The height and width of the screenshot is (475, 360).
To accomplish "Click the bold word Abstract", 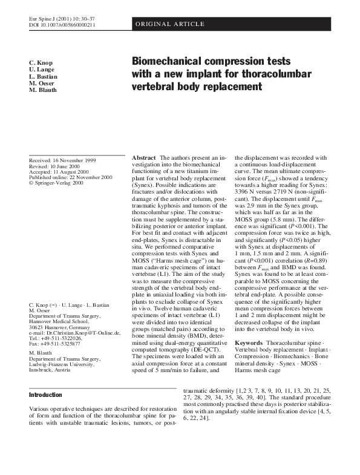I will click(144, 157).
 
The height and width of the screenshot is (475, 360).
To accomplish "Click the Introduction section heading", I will click(45, 395).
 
